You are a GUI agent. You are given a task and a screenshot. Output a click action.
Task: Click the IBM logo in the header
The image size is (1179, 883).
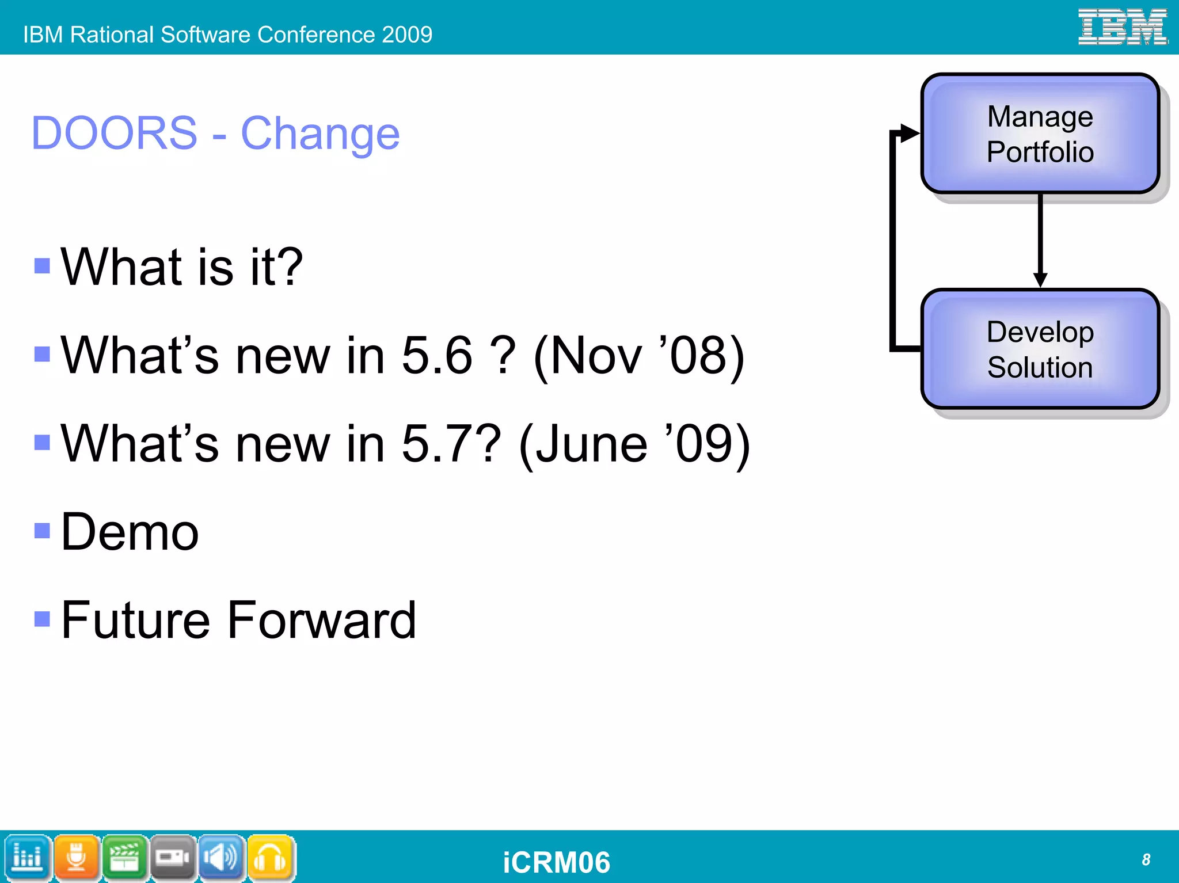(1123, 27)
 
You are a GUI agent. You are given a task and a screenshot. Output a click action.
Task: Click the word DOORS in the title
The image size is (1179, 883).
(114, 134)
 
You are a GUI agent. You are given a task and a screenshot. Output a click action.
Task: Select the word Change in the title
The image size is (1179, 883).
(320, 134)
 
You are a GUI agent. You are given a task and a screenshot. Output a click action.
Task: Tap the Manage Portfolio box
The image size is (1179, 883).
(1040, 134)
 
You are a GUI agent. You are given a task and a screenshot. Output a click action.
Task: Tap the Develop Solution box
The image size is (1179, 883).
(1040, 349)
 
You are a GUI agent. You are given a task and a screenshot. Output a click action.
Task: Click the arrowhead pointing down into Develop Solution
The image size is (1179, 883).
(1040, 280)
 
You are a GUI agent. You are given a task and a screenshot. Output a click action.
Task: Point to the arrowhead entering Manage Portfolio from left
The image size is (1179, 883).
(910, 133)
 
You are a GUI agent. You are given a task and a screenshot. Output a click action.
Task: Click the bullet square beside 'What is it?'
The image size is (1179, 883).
(42, 266)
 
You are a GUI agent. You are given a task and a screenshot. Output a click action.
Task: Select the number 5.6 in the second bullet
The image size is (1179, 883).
(437, 355)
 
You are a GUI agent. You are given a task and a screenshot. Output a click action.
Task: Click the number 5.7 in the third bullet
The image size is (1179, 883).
(437, 443)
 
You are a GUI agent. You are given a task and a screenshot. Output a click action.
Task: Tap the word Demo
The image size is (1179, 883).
(130, 532)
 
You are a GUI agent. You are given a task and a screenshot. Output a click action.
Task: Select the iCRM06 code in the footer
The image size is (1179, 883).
(556, 862)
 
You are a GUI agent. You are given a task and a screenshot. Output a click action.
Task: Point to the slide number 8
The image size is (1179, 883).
(1146, 859)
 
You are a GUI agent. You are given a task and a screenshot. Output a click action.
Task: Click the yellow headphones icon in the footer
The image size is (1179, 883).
(271, 858)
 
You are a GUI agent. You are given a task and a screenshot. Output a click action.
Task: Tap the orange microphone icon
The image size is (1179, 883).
(76, 858)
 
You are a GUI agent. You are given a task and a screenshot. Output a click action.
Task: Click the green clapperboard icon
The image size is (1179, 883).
(124, 858)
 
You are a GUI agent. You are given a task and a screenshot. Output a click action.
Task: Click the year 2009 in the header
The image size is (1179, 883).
(406, 35)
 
